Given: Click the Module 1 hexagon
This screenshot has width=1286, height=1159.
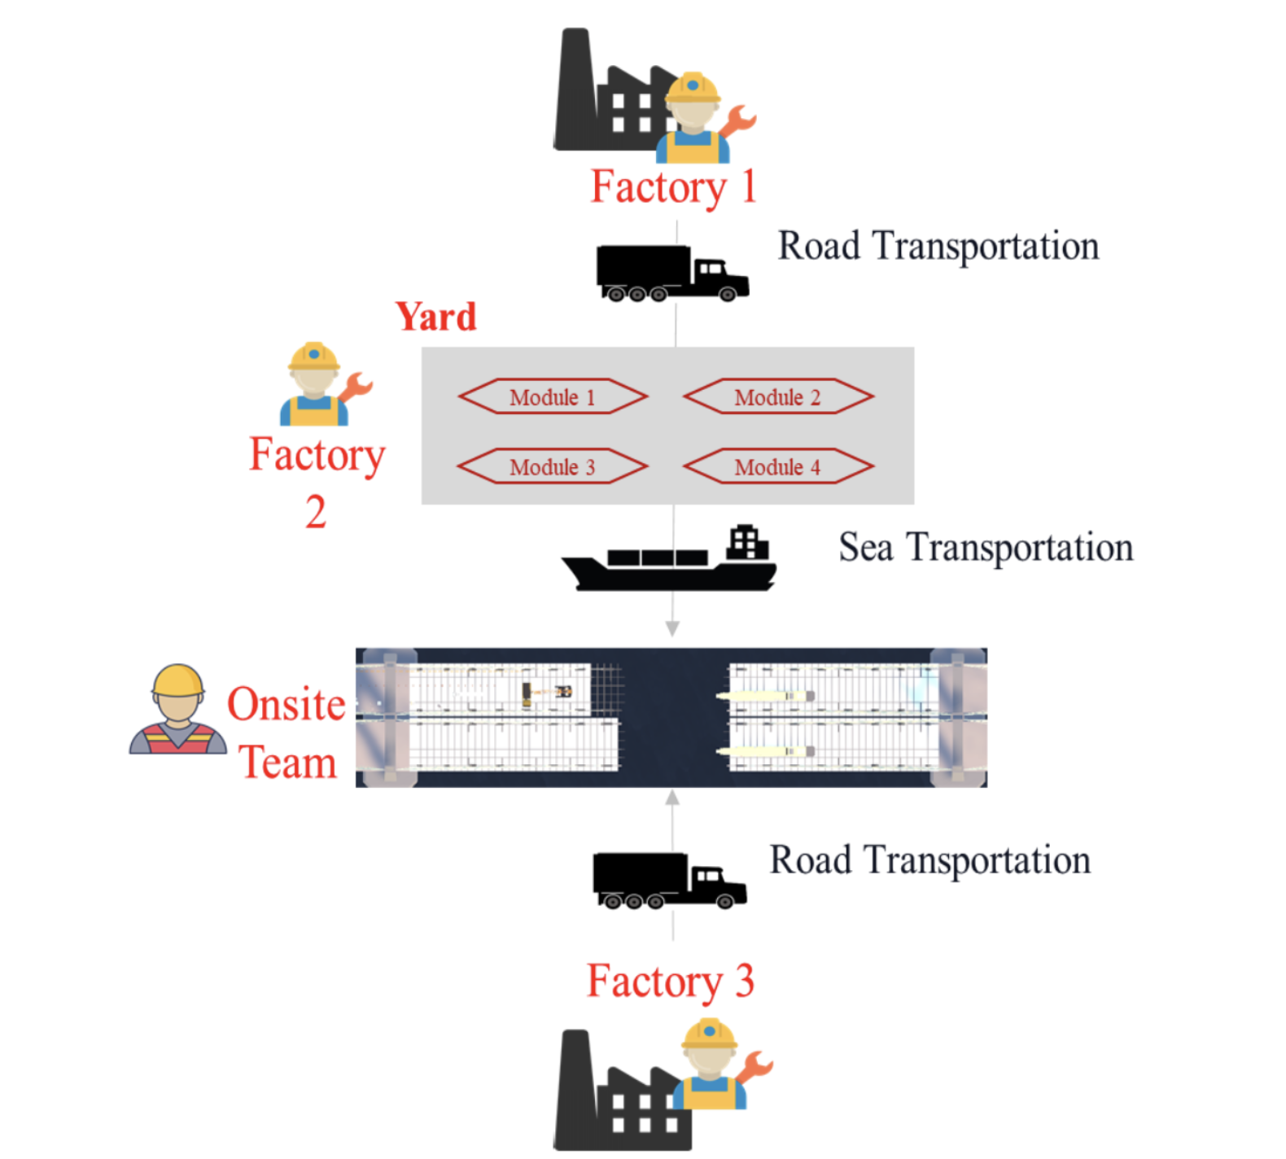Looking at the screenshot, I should coord(553,397).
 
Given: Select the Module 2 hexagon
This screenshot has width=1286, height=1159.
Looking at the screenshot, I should coord(778,397).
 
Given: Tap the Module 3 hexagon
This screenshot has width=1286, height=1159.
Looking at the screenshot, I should coord(553,467).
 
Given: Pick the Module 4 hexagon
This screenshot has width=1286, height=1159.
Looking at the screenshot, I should coord(778,467).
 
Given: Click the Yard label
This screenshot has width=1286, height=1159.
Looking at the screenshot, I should coord(436,317).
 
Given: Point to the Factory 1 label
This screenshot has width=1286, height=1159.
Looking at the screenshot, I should coord(673,187).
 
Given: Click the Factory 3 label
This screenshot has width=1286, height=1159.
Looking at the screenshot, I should coord(670,982).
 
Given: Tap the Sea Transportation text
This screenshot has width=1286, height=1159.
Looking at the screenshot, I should coord(986,547).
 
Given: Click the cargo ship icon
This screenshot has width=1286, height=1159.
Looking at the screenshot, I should coord(669,559).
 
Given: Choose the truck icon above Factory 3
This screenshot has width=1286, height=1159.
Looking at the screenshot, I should coord(668,880).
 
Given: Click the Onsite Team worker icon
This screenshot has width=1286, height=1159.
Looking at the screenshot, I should coord(177,710).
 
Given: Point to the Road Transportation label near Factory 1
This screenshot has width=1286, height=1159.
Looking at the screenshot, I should coord(938,246).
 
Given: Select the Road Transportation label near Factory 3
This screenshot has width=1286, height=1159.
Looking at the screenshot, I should coord(930,860).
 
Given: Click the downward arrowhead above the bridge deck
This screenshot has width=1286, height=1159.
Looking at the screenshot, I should coord(672,628).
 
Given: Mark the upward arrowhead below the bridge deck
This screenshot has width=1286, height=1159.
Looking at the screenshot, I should coord(672,798).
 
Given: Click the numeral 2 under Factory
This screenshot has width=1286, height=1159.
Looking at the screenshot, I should coord(316,513).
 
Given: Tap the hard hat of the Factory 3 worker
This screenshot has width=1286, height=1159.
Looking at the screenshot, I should coord(709,1034).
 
